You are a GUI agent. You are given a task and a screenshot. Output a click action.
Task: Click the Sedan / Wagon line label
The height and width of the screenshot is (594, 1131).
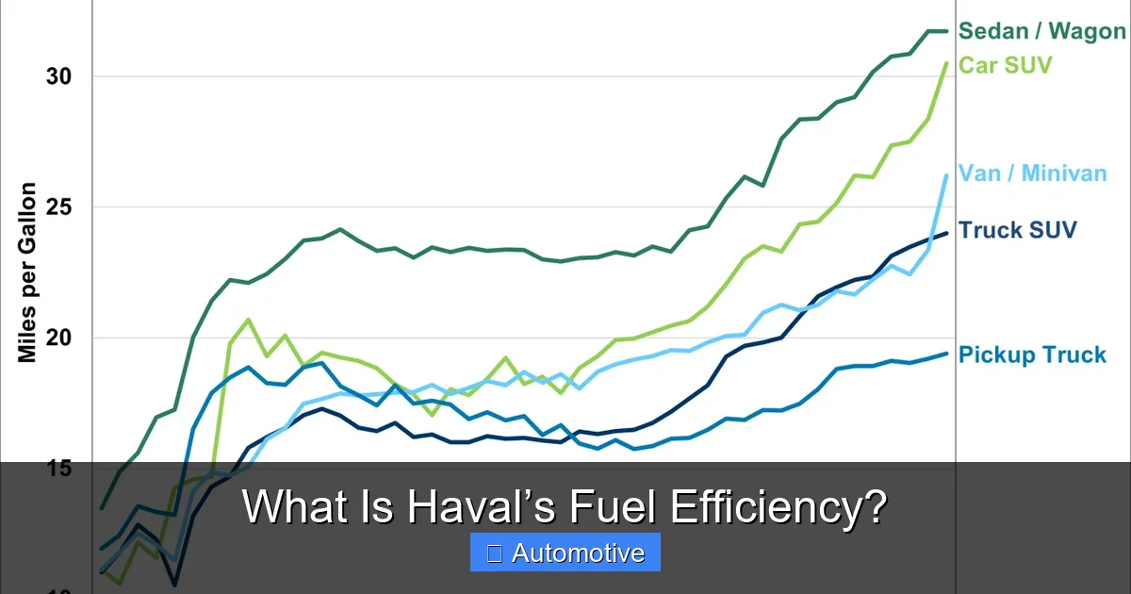coord(1041,31)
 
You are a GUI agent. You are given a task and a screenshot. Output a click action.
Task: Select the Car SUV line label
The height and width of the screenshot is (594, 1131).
coord(1005,65)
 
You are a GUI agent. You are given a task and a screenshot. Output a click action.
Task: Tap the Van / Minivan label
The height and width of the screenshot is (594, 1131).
coord(1032,173)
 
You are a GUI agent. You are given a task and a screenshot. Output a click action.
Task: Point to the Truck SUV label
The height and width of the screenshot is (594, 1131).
coord(1017,230)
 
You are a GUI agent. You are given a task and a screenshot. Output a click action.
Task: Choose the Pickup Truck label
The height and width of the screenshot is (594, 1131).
coord(1032,355)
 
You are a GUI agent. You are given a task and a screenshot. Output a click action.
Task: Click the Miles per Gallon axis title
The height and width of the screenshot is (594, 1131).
coord(27,272)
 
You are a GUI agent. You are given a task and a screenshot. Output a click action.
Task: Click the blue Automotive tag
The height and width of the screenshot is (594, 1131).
coord(565,553)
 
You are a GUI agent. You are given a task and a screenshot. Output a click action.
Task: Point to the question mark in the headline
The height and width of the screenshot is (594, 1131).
coord(876,507)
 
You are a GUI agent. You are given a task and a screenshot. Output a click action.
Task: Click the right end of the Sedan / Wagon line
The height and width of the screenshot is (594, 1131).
coord(946,31)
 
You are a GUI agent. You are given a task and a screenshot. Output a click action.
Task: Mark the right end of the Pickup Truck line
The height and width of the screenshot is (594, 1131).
coord(946,354)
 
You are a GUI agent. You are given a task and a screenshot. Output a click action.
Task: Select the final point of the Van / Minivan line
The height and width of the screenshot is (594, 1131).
coord(946,175)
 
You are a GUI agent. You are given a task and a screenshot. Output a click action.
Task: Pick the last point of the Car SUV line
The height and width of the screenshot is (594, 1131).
coord(946,63)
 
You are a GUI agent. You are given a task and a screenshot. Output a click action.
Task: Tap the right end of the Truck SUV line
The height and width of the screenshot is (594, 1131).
coord(946,233)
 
